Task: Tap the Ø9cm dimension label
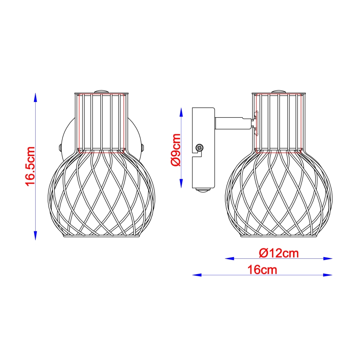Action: click(x=176, y=150)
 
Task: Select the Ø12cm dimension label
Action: click(x=278, y=253)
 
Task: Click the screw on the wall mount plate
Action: click(x=200, y=147)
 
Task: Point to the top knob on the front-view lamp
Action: click(x=101, y=91)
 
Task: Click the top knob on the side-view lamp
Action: click(x=279, y=91)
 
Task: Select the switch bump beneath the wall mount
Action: click(x=203, y=190)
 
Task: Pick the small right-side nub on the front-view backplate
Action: click(x=143, y=147)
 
